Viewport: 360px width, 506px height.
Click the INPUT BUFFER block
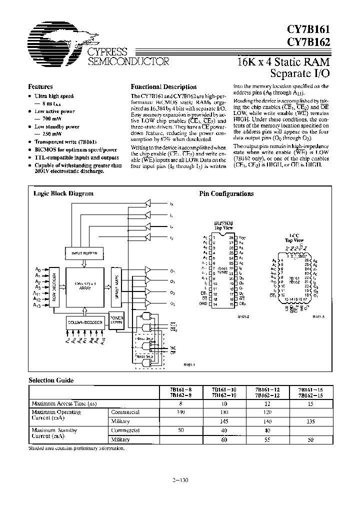(84, 253)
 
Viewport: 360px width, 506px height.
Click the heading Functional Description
(163, 86)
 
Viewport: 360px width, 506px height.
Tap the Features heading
(40, 86)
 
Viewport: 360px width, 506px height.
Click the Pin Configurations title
(226, 193)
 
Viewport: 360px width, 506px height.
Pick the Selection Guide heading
(51, 380)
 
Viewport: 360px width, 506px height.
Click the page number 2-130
(179, 481)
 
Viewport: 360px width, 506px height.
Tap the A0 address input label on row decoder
(38, 269)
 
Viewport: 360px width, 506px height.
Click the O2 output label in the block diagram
(172, 293)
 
